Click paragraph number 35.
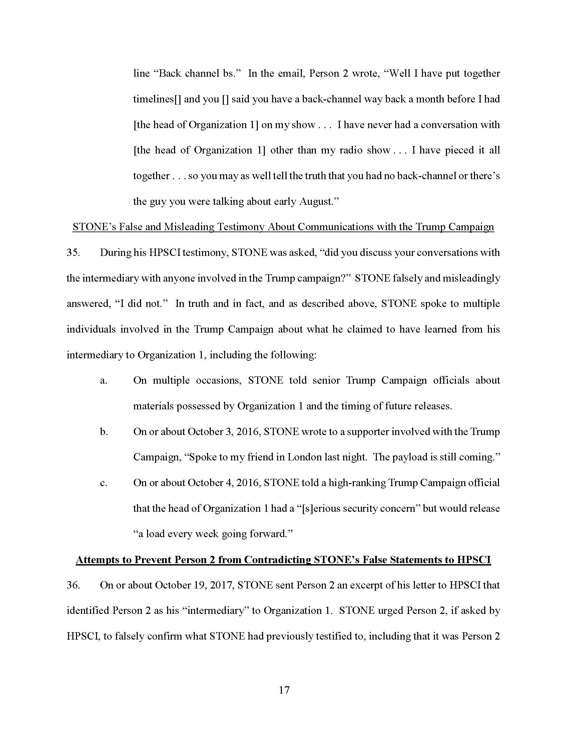pos(73,253)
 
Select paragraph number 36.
pos(73,585)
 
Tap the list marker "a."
pos(103,380)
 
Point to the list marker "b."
pos(104,431)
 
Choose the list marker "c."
pos(103,483)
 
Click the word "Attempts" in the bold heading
pos(103,560)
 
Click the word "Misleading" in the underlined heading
pos(188,227)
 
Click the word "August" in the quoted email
pos(316,201)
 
